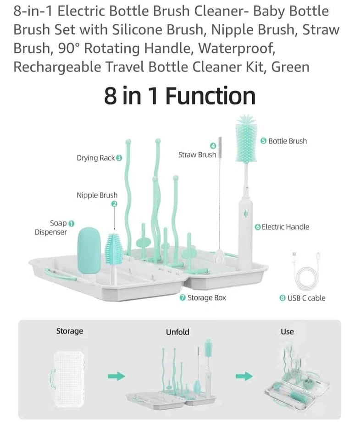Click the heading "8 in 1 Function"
180,96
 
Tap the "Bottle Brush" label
288,141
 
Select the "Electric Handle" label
285,227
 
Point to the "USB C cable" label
306,298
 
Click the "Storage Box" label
207,298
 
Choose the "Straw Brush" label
197,154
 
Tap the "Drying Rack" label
96,158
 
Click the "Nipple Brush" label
97,195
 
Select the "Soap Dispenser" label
51,228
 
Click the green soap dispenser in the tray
89,251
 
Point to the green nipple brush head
114,248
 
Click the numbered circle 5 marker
263,141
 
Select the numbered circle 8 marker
282,298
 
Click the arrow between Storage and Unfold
116,376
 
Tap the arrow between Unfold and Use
244,376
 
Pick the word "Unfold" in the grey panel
177,332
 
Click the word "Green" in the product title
290,67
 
